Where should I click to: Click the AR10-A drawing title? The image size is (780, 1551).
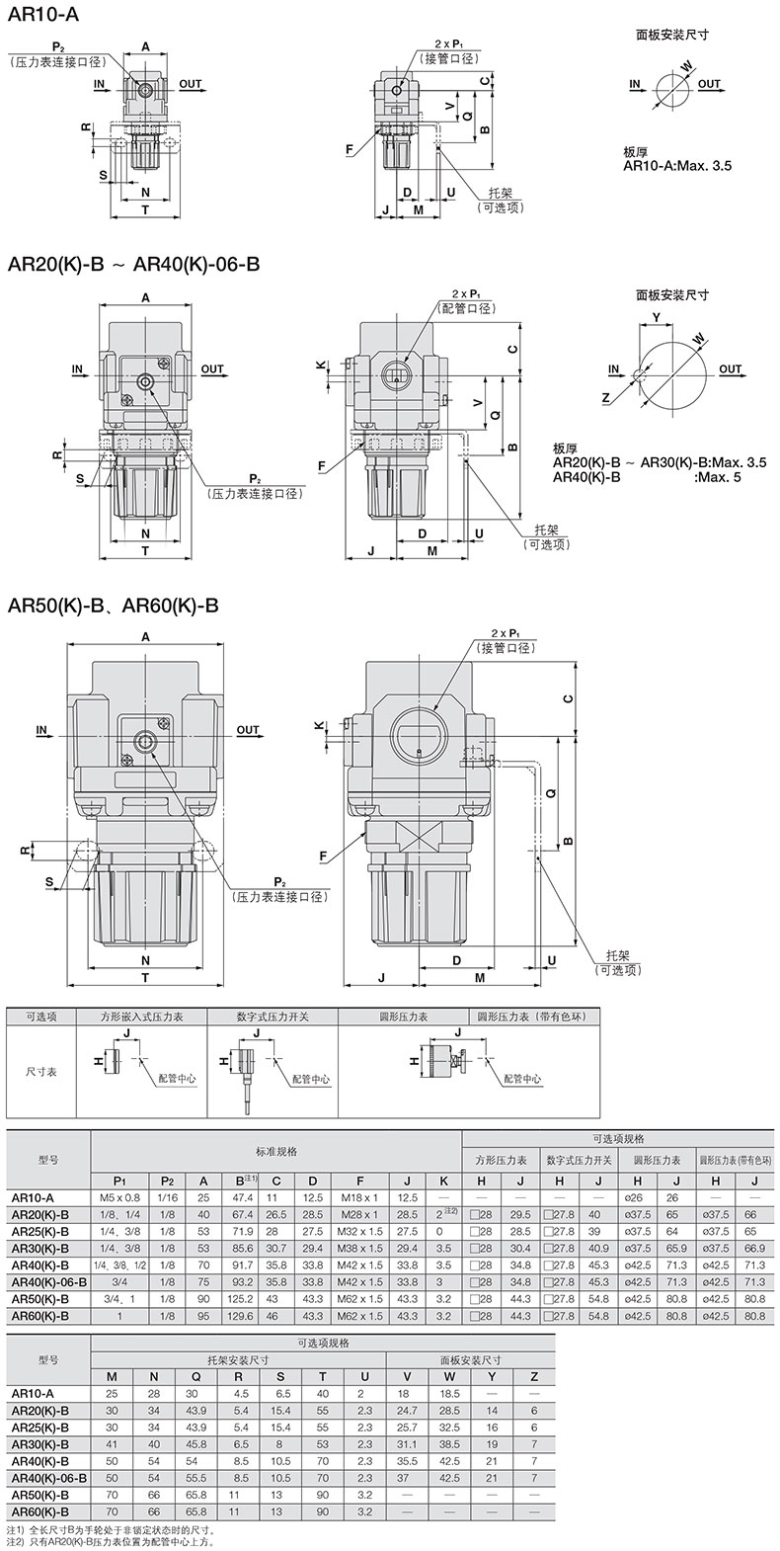coord(42,14)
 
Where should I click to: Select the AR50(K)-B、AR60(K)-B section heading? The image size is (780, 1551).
coord(113,606)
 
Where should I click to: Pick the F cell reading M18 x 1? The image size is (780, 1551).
coord(359,1197)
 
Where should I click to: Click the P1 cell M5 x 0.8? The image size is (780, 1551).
coord(119,1197)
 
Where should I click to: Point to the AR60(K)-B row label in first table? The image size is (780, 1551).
coord(40,1316)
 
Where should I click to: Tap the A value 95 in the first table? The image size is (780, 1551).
coord(203,1316)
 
